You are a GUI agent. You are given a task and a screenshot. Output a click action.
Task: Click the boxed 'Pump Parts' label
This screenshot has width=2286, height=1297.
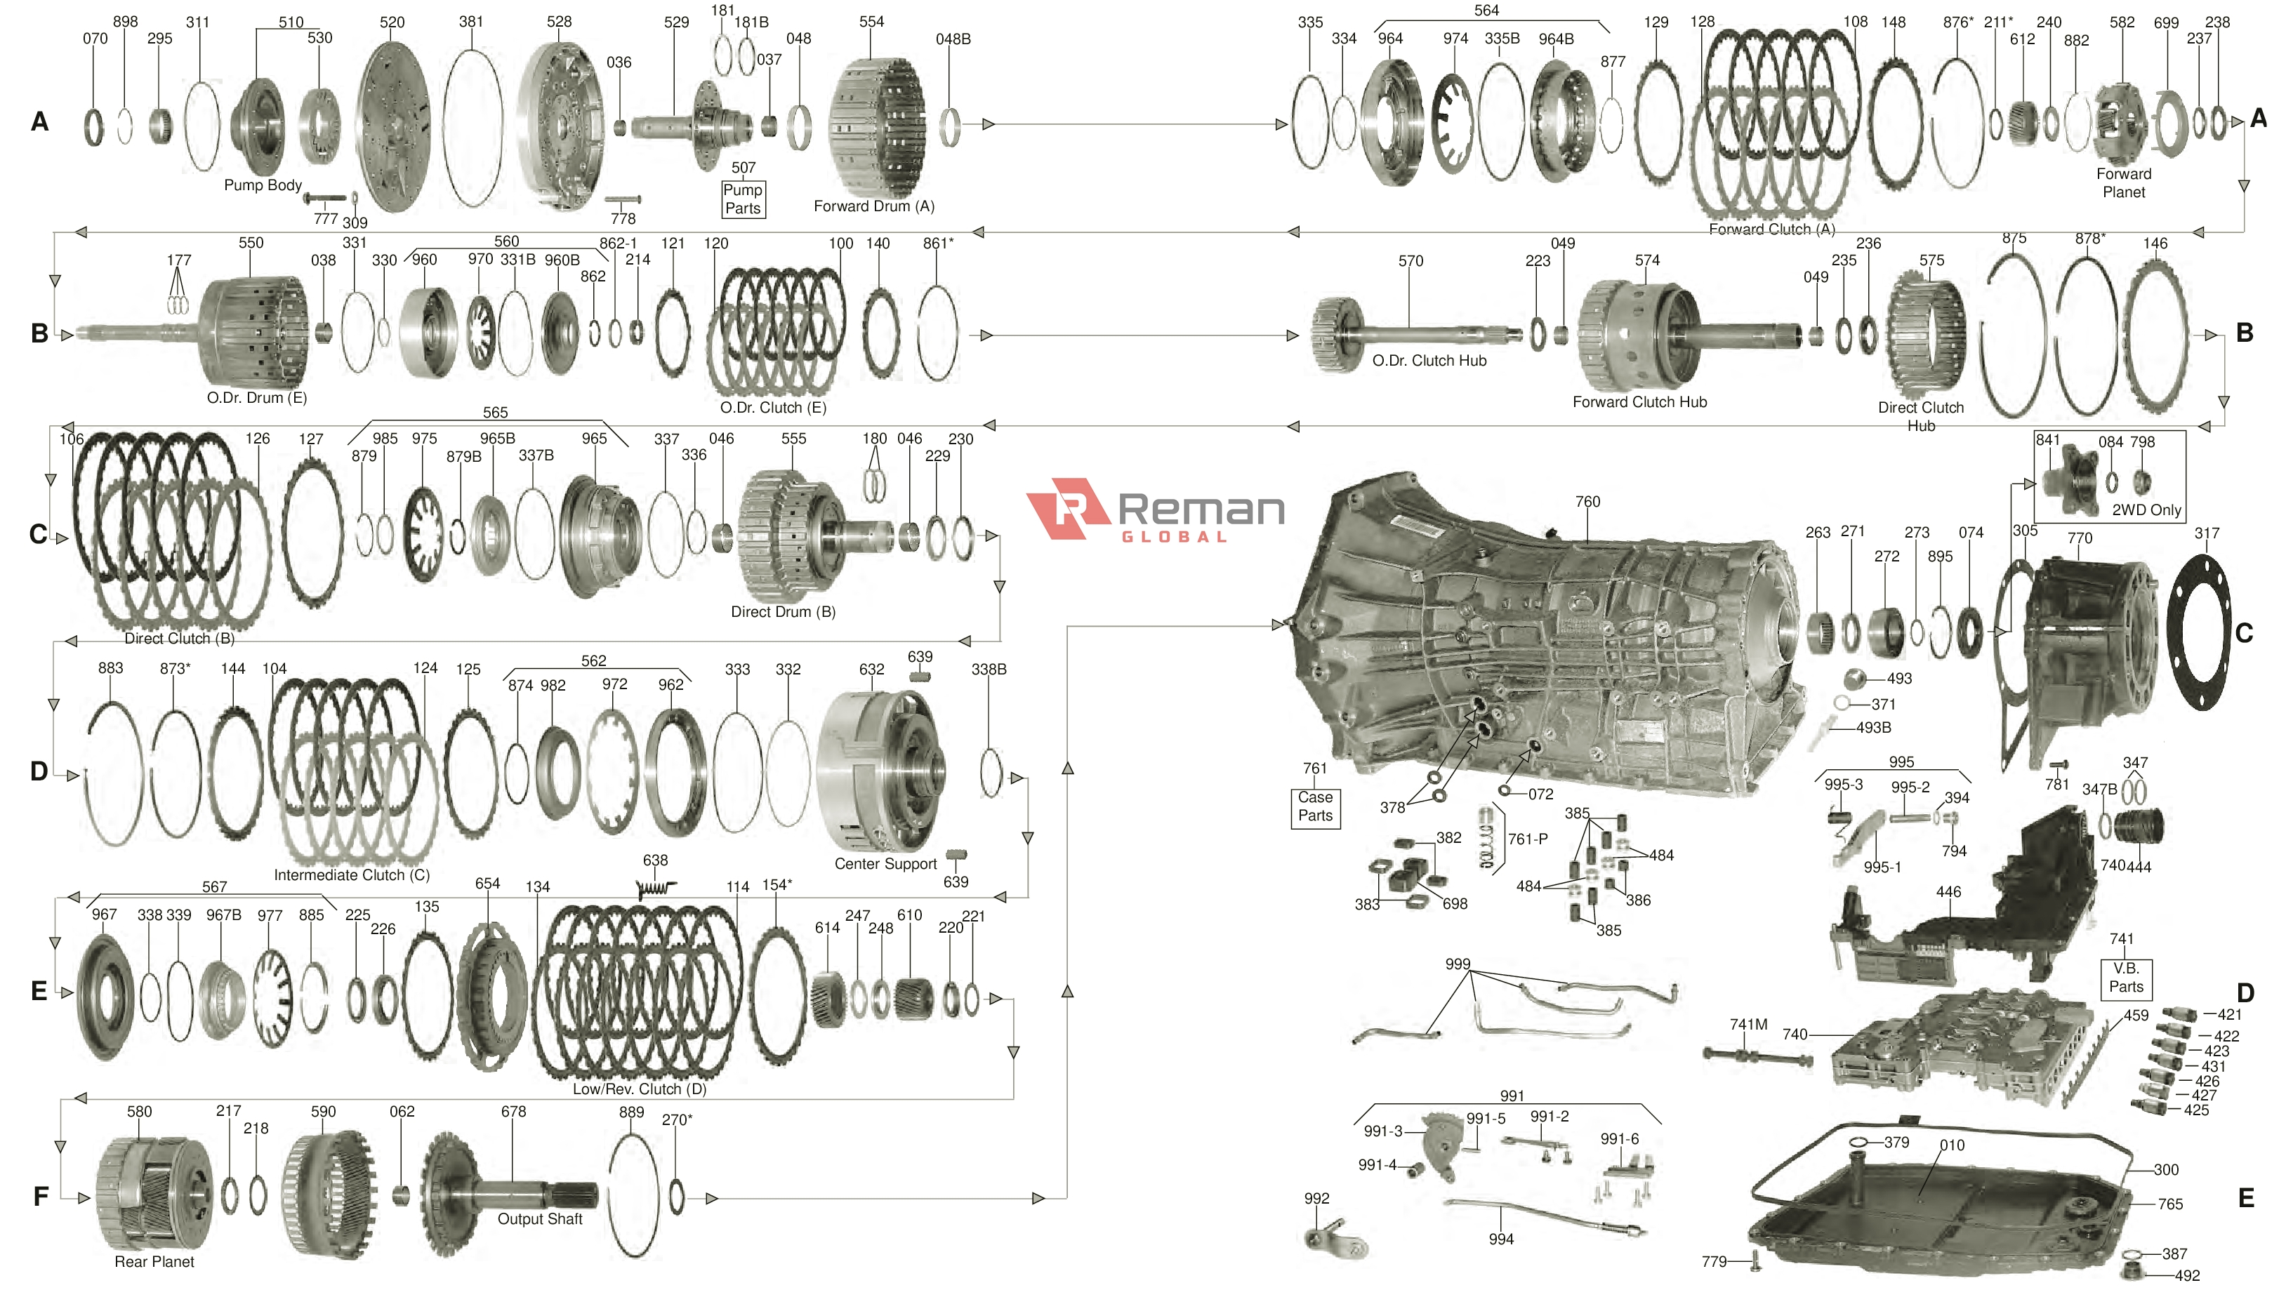(742, 199)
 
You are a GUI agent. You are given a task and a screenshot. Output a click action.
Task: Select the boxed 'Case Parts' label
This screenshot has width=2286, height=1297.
(1315, 806)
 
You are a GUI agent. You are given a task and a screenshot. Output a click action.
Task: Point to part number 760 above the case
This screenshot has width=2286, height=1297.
(1587, 502)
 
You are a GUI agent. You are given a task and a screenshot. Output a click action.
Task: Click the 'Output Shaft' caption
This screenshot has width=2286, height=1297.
(539, 1218)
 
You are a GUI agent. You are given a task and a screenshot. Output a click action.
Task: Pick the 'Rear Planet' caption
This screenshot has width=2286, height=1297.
(154, 1261)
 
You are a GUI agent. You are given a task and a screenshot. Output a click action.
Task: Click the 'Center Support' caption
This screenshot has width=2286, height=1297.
(885, 863)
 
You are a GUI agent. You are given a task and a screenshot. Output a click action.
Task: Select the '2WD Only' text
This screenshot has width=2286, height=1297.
(2146, 510)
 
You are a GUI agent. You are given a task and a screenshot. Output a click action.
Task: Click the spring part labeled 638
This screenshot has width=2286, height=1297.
(656, 888)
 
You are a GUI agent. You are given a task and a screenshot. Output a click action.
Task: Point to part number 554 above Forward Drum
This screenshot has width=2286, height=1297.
(871, 21)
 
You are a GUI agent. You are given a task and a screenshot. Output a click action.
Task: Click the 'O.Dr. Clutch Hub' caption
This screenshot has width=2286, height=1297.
(1429, 361)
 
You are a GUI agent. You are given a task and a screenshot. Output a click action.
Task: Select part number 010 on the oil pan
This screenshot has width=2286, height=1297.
(1951, 1145)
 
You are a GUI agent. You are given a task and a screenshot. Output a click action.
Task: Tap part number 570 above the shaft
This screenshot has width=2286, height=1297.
(1410, 261)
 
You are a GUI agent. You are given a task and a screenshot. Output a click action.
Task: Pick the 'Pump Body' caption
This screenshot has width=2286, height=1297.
(263, 185)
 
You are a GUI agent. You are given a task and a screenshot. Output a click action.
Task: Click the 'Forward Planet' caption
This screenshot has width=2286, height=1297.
(2123, 182)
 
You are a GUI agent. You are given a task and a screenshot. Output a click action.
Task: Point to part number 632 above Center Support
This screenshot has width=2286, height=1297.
(871, 669)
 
